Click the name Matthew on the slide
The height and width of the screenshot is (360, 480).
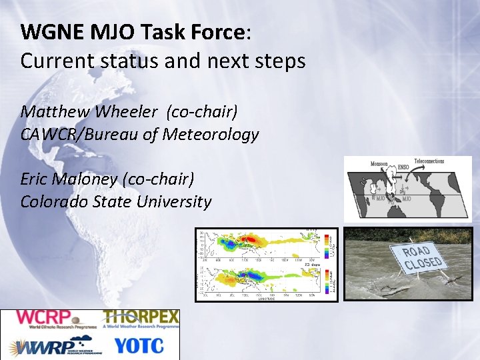pos(53,110)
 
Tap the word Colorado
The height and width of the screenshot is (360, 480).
pos(55,201)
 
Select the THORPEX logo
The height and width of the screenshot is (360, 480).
pos(141,319)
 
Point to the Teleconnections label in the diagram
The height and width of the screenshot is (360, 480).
pos(429,161)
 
